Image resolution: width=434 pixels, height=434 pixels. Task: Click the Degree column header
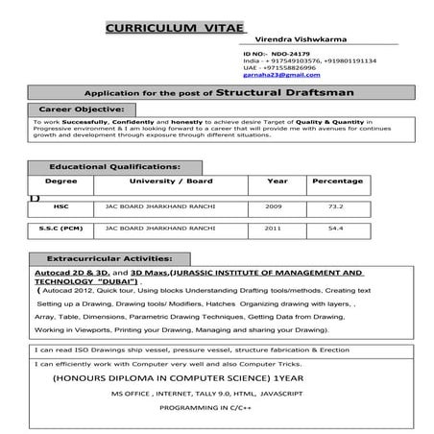click(x=61, y=181)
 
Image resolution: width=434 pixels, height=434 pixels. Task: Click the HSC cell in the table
click(x=61, y=206)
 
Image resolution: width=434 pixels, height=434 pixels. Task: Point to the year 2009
click(x=274, y=206)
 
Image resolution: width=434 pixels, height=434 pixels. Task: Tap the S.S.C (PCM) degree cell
click(x=61, y=229)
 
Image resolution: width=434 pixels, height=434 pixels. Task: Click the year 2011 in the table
click(x=274, y=229)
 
